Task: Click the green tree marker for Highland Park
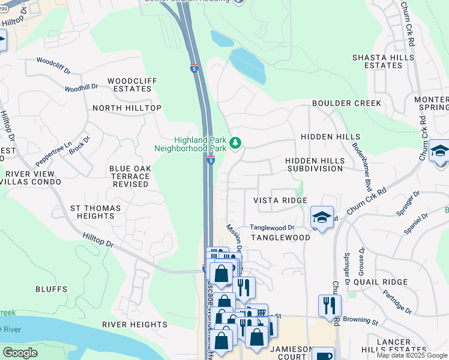[236, 143]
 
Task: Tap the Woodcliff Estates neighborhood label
[129, 85]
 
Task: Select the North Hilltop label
[127, 108]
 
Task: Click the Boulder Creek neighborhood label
[346, 103]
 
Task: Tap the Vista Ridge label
[280, 200]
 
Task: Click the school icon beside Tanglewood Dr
[322, 218]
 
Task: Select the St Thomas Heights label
[95, 212]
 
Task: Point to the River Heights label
[134, 325]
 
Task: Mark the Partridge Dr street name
[397, 304]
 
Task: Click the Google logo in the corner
[20, 353]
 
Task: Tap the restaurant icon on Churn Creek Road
[330, 305]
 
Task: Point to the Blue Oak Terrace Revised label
[129, 176]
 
